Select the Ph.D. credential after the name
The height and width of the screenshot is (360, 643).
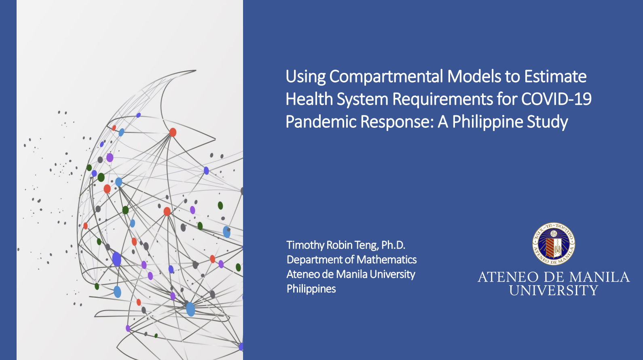pyautogui.click(x=393, y=245)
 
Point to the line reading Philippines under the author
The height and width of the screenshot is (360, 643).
pyautogui.click(x=311, y=289)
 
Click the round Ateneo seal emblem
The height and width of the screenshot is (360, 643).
pyautogui.click(x=554, y=244)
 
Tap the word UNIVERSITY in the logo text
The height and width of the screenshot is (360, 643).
pyautogui.click(x=554, y=290)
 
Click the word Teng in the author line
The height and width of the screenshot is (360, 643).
pyautogui.click(x=366, y=245)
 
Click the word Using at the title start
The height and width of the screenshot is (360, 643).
pyautogui.click(x=305, y=76)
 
